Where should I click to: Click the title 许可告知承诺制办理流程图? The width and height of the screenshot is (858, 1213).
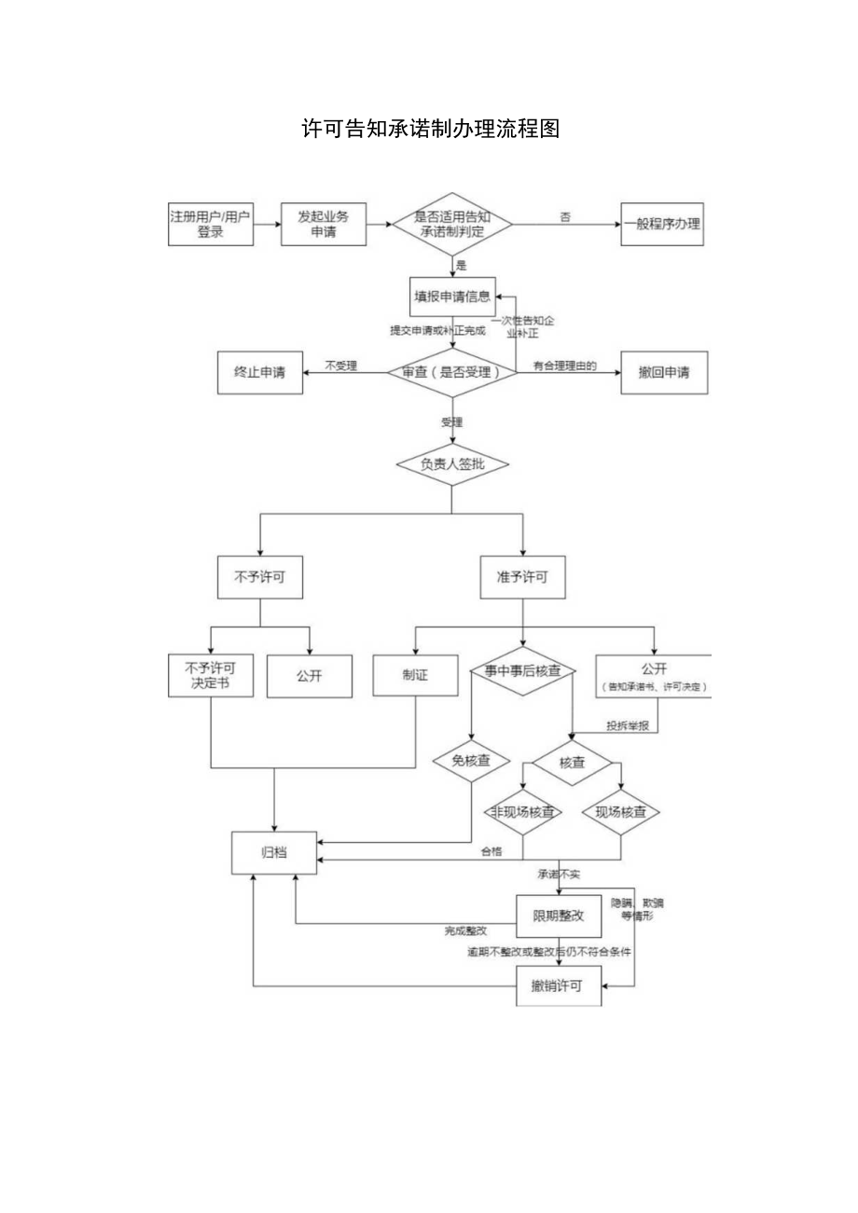431,130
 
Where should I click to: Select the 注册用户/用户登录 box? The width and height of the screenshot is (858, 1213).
210,225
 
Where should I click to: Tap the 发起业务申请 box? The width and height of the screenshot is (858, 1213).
323,225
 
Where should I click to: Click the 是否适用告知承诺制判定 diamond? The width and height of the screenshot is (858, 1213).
451,225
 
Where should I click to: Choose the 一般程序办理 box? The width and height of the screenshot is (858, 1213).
662,225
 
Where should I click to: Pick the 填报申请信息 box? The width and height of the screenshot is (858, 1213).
451,297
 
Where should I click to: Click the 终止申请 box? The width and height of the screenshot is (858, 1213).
259,372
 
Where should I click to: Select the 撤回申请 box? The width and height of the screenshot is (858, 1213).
664,372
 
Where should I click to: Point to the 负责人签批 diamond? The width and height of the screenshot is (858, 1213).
451,463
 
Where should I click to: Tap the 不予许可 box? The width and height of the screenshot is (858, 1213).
259,577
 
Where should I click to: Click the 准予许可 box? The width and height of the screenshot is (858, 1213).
522,577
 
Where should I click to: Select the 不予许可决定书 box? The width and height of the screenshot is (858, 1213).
210,676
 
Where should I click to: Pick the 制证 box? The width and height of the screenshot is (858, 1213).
415,676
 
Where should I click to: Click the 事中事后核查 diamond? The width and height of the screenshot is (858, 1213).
522,671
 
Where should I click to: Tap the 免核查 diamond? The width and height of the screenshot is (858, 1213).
471,761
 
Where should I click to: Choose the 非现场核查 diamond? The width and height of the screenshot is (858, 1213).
522,812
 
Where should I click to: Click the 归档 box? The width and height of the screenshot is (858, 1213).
274,852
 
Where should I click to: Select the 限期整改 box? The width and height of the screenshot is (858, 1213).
559,917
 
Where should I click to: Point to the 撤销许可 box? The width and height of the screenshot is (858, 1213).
559,986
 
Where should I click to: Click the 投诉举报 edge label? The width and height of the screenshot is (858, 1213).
627,725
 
